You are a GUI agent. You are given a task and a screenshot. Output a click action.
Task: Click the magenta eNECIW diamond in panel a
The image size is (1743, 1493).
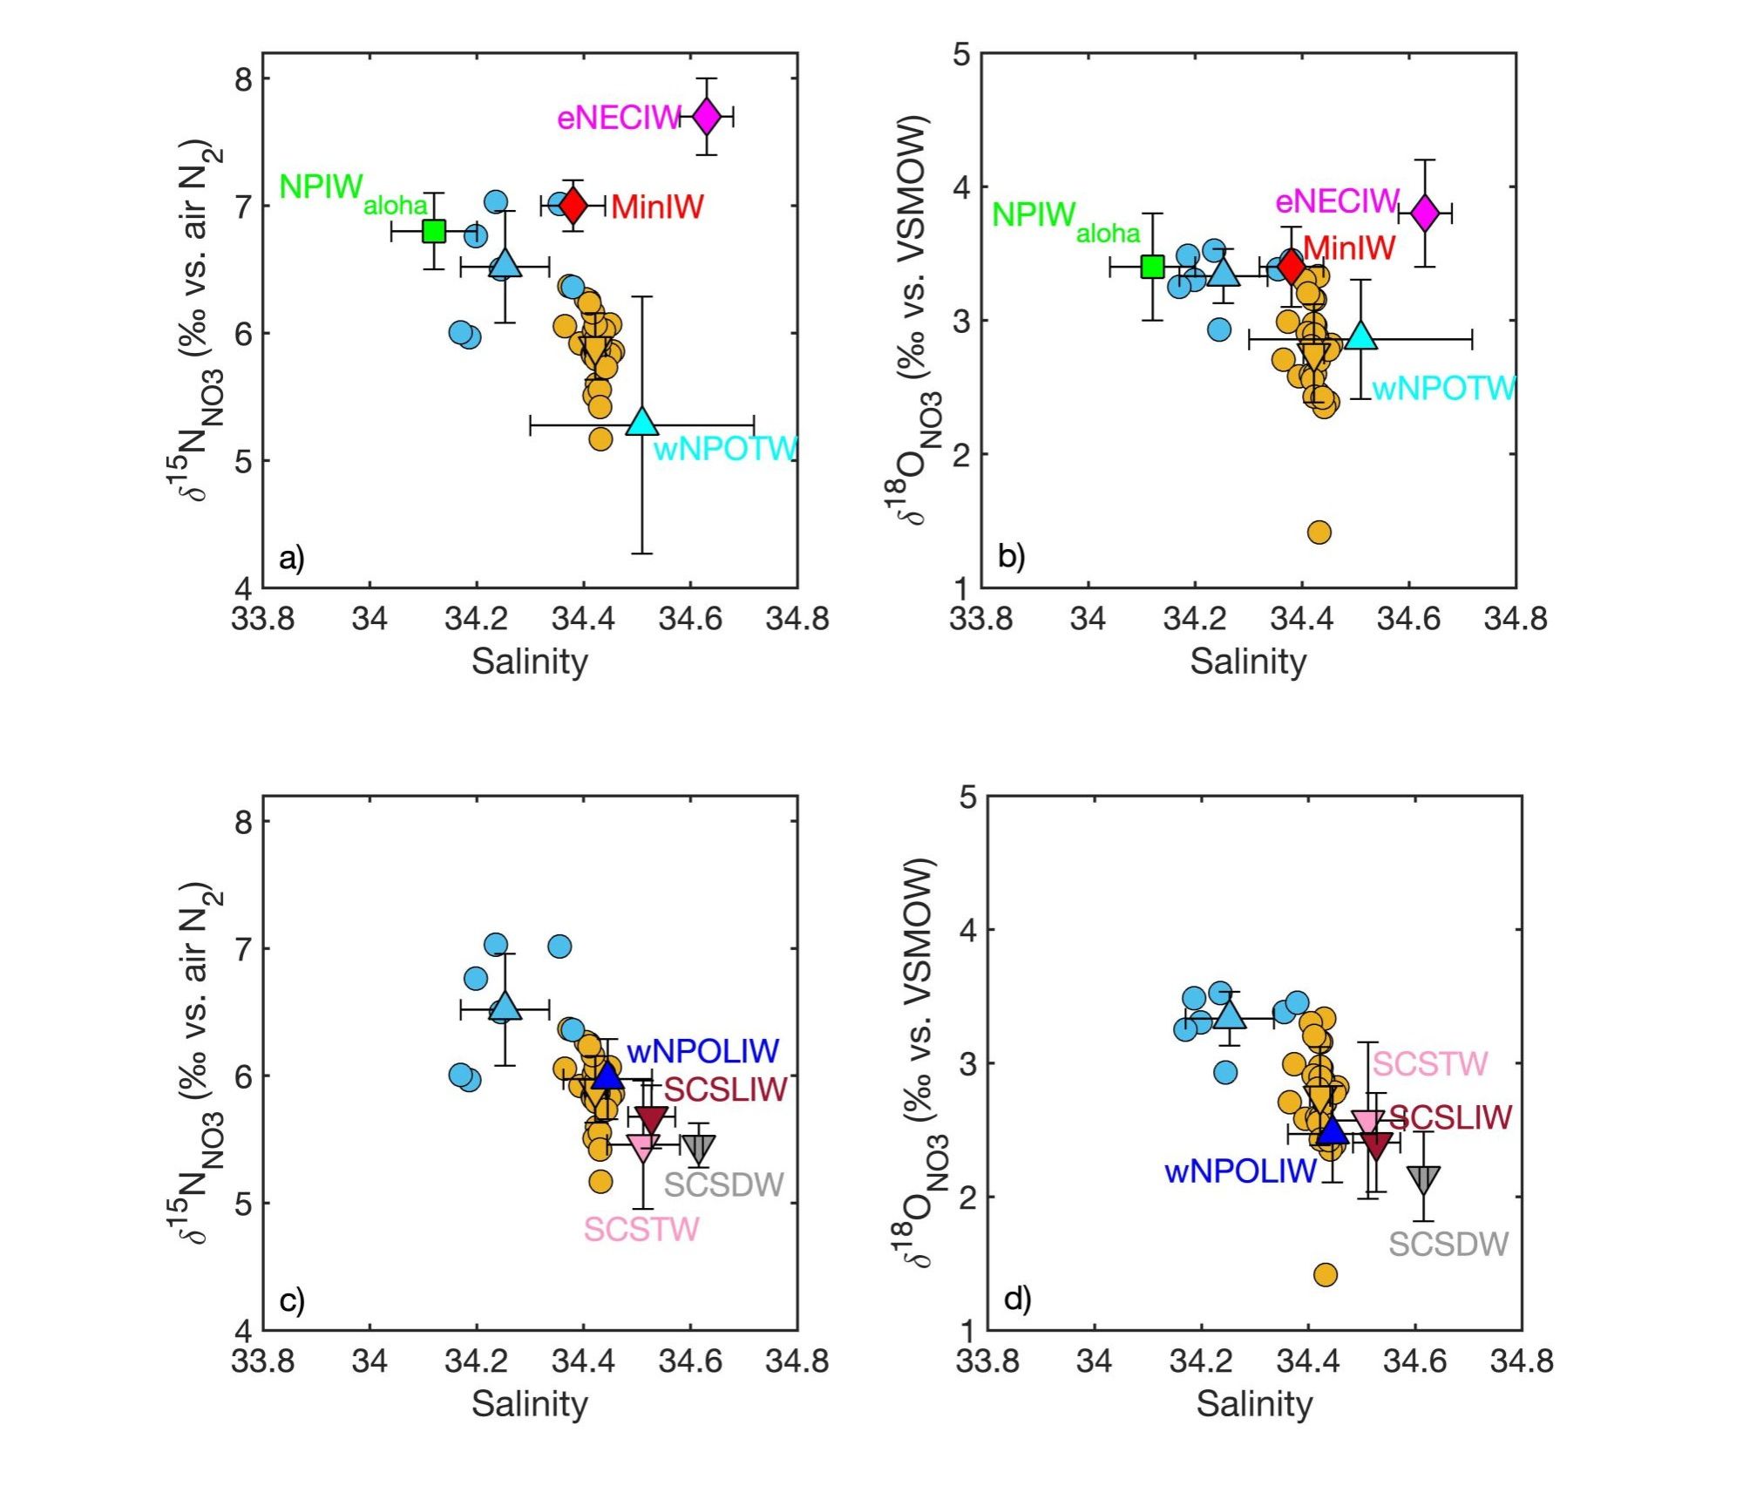[x=706, y=116]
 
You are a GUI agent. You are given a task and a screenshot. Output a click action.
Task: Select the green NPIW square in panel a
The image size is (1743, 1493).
[x=433, y=231]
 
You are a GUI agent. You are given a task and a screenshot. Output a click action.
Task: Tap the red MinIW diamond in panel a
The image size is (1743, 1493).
[x=573, y=205]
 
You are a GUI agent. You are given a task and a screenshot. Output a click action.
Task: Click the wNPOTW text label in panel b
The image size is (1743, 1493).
[x=1444, y=389]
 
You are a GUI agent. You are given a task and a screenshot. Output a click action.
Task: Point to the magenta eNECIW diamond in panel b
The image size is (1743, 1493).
[x=1425, y=212]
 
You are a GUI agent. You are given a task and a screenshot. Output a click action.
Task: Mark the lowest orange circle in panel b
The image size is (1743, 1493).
[x=1319, y=532]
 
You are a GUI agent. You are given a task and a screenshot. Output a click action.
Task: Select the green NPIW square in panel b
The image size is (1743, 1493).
[x=1152, y=267]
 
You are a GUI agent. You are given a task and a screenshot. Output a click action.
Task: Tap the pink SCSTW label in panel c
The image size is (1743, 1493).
[x=641, y=1230]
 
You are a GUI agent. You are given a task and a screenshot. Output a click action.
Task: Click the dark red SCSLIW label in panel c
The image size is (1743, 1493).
[x=725, y=1089]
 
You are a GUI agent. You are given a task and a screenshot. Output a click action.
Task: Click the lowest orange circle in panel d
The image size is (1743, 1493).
[x=1325, y=1275]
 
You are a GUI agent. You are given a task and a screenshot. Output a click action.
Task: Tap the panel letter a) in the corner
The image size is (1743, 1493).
[x=292, y=558]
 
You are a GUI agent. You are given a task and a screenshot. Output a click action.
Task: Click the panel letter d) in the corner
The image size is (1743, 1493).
[x=1017, y=1300]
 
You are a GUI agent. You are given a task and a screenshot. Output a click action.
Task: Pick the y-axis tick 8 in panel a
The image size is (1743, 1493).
[x=243, y=79]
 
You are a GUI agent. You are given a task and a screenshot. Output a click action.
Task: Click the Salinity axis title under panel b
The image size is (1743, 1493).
[x=1248, y=662]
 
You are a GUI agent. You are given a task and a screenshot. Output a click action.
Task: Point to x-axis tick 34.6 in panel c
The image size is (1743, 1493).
[x=690, y=1361]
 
